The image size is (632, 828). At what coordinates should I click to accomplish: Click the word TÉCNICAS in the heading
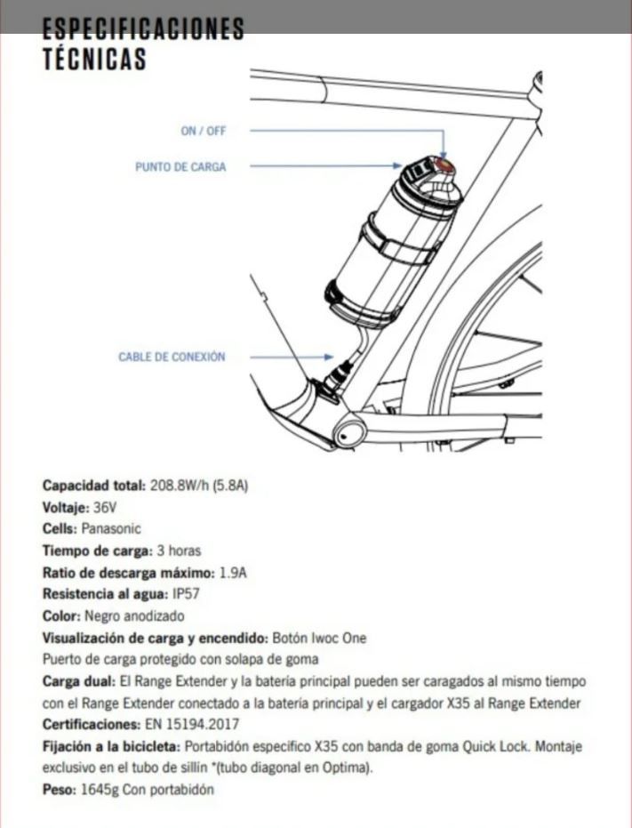tap(93, 60)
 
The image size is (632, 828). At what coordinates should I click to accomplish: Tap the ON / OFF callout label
tap(204, 131)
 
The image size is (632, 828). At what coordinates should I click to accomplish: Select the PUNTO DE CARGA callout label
tap(180, 166)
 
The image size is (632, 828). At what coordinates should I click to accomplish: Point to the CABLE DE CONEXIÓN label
tap(172, 357)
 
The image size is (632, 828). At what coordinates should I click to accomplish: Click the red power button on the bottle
tap(444, 165)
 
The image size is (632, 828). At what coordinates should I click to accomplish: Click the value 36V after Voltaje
tap(105, 507)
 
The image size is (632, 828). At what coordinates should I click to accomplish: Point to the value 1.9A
tap(232, 572)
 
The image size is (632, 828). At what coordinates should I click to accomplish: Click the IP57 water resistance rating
tap(180, 593)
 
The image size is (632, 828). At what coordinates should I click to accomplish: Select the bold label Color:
tap(61, 615)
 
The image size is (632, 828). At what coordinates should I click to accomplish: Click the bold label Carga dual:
tap(78, 681)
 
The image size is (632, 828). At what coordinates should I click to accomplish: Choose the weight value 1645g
tap(94, 789)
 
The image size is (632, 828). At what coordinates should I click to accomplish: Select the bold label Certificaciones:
tap(91, 725)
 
